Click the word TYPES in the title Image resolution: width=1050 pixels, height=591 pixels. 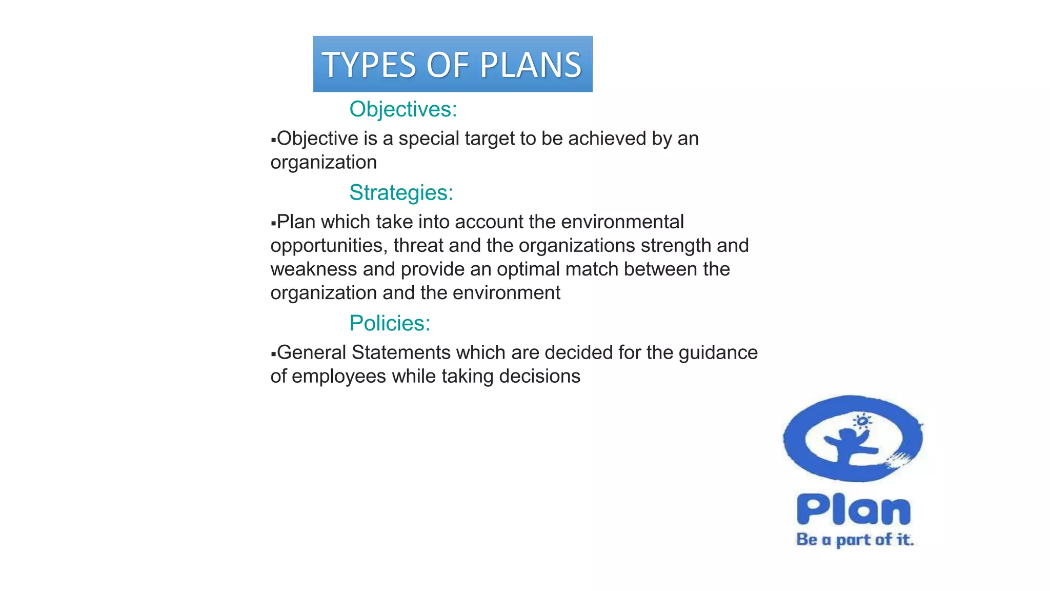[x=369, y=65]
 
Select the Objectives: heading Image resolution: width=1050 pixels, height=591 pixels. [x=403, y=109]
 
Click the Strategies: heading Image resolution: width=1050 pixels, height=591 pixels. [x=401, y=192]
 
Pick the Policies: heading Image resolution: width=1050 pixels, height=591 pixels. [x=390, y=323]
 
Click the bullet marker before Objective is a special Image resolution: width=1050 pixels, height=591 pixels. [x=273, y=140]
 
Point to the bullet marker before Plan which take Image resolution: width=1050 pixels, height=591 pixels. [x=273, y=223]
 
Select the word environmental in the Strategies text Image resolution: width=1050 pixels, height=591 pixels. [x=622, y=222]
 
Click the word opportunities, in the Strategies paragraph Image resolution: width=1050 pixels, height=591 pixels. [x=329, y=246]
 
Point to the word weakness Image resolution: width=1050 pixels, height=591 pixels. [x=313, y=269]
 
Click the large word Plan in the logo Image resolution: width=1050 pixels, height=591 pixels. [x=854, y=510]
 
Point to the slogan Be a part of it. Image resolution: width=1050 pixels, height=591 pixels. [x=855, y=540]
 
